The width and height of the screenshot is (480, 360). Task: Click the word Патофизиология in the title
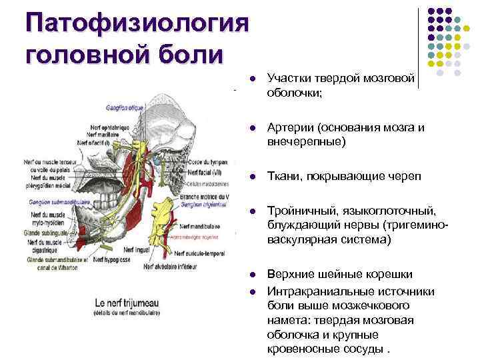tap(137, 23)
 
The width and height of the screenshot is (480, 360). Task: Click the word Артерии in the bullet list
tap(290, 127)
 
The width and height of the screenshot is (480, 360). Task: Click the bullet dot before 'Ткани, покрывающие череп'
tap(253, 176)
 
